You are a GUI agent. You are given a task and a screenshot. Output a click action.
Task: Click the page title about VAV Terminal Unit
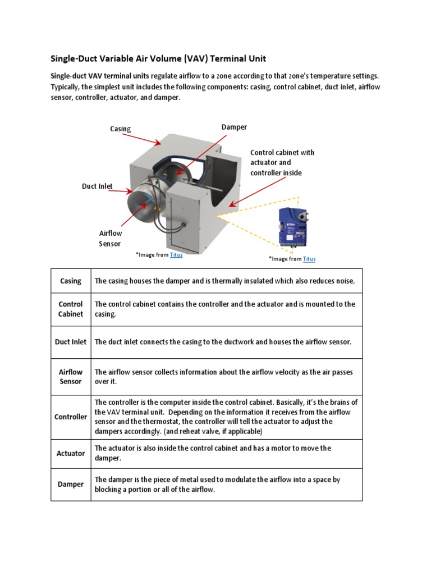point(158,58)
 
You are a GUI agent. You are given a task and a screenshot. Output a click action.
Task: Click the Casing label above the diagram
point(120,129)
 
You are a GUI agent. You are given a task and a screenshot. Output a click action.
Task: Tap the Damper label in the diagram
point(234,127)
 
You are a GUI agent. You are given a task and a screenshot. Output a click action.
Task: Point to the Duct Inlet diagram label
point(97,186)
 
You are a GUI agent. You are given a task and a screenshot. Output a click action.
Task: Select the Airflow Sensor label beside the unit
point(111,238)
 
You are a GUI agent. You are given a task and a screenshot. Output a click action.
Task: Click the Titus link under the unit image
point(176,254)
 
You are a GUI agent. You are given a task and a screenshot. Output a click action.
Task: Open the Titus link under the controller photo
point(309,259)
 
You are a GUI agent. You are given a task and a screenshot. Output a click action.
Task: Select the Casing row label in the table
point(71,281)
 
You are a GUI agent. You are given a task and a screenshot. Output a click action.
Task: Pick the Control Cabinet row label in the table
point(71,309)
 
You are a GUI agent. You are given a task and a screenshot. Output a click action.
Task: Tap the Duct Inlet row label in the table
point(71,341)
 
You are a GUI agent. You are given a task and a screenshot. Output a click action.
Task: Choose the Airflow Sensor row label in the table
point(71,376)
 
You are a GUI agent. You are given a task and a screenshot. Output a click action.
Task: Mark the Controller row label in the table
point(71,417)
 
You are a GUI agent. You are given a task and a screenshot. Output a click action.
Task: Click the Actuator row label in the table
point(71,453)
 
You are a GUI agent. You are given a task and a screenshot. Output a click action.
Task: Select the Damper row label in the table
point(71,484)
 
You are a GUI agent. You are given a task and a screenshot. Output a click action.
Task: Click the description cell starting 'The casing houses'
point(224,281)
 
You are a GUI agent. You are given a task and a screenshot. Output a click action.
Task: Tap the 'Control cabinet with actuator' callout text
point(282,162)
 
